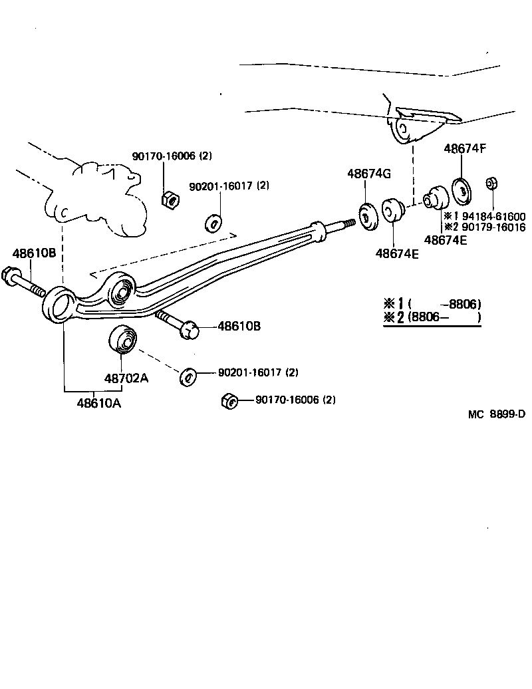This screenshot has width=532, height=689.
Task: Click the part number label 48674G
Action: coord(368,174)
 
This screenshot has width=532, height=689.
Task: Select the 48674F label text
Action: coord(465,148)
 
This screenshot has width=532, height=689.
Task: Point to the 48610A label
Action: coord(99,402)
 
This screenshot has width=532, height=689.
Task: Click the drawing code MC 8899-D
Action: coord(495,414)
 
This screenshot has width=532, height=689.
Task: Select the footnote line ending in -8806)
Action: coord(432,304)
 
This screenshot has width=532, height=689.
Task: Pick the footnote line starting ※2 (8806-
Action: coord(432,317)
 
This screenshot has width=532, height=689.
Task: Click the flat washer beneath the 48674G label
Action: coord(367,217)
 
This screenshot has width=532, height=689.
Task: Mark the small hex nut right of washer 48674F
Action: coord(492,183)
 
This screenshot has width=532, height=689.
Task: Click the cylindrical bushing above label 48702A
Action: coord(123,340)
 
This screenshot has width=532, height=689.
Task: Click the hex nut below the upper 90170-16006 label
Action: coord(169,198)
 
